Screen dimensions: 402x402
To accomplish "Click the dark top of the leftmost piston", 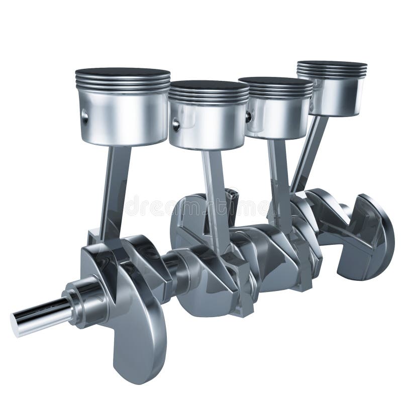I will (x=123, y=72).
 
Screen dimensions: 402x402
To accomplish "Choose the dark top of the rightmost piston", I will (x=331, y=64).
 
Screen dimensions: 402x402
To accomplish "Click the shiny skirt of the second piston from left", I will (x=211, y=126).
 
